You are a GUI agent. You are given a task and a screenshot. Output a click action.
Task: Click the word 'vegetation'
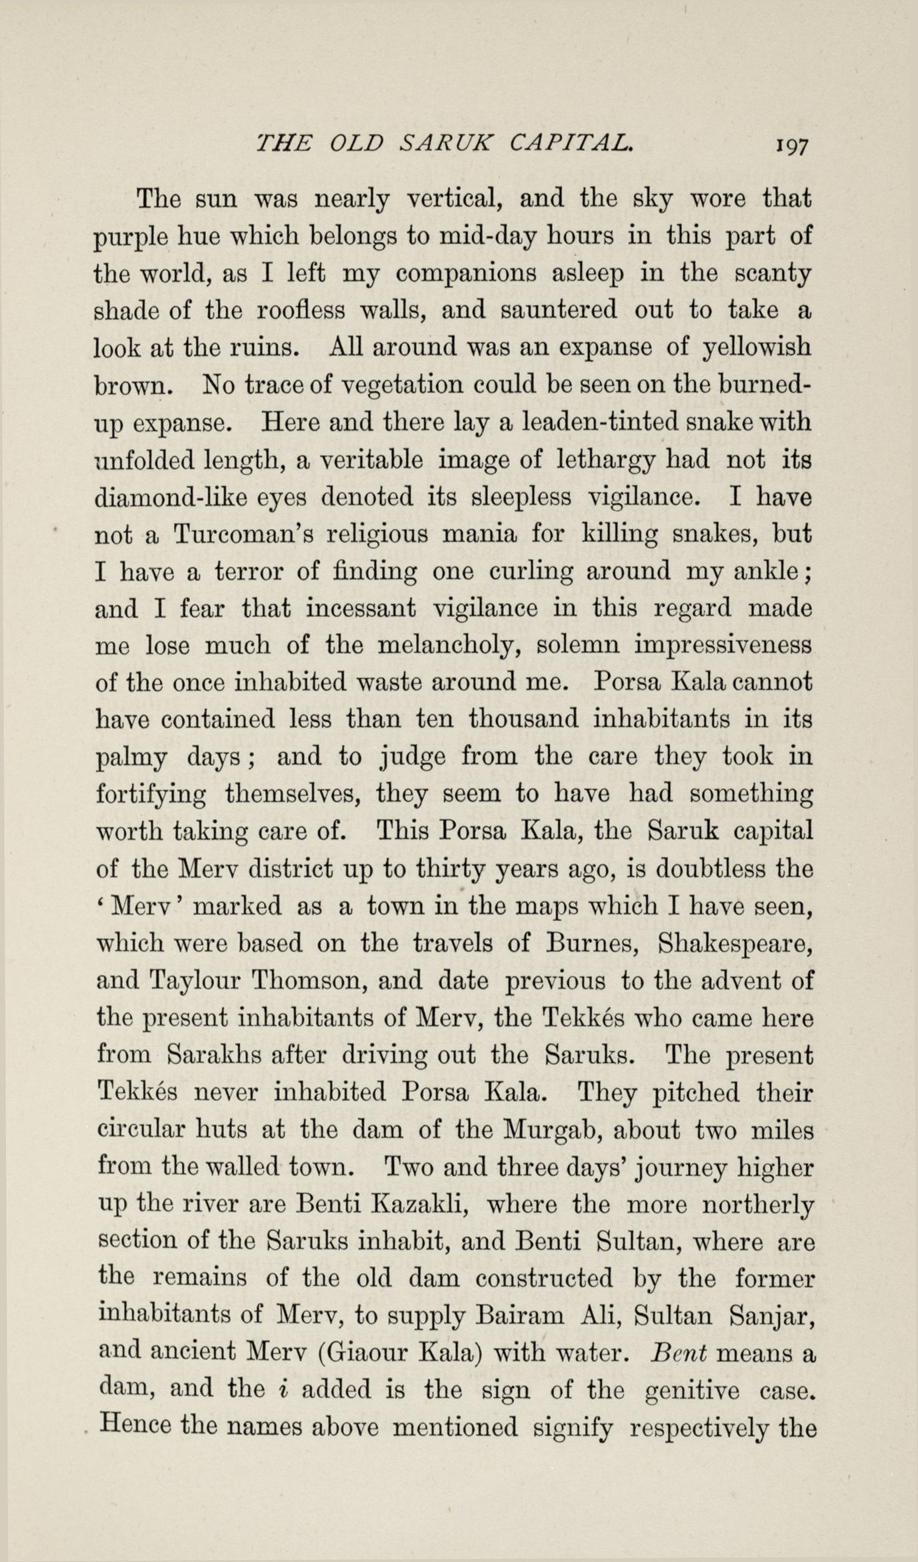coord(399,386)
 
